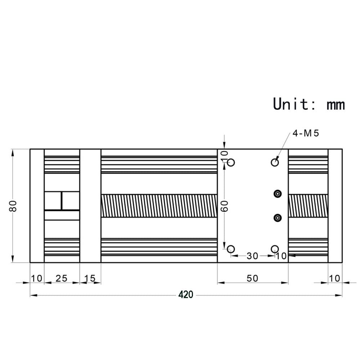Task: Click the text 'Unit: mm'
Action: [309, 104]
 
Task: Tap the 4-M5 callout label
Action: [306, 133]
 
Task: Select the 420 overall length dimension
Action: [186, 295]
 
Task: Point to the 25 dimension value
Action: [62, 279]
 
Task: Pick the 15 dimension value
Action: [90, 279]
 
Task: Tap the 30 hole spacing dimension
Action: [252, 256]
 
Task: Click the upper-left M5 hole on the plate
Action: [231, 162]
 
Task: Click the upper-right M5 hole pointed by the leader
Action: [275, 162]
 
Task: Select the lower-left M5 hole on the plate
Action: [231, 248]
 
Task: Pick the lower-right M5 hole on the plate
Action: [275, 248]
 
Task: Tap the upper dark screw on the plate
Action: [278, 194]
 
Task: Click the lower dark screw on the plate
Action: [278, 217]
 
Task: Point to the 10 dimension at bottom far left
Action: [37, 279]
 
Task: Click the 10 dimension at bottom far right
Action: [335, 279]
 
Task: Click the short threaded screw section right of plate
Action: [308, 206]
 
